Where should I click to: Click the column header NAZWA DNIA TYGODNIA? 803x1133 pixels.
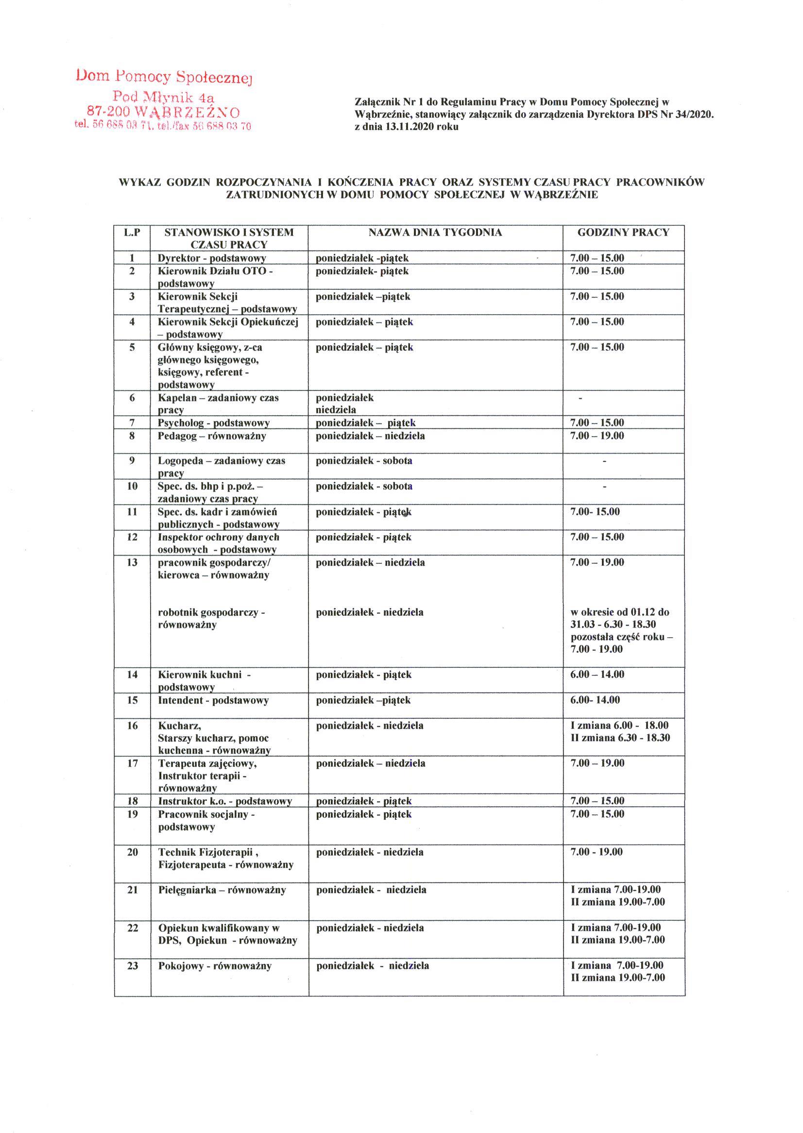pyautogui.click(x=435, y=232)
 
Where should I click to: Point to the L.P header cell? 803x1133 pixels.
pyautogui.click(x=132, y=232)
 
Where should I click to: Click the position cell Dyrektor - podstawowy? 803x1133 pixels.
pyautogui.click(x=212, y=258)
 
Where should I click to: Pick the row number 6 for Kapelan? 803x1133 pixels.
pyautogui.click(x=132, y=398)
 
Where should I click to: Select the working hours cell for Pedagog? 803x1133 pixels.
pyautogui.click(x=597, y=436)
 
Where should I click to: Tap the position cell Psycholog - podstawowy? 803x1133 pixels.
pyautogui.click(x=214, y=423)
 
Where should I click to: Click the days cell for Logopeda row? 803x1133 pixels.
pyautogui.click(x=364, y=461)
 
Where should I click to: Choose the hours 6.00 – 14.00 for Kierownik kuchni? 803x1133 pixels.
pyautogui.click(x=597, y=674)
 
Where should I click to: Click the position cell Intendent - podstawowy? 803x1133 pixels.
pyautogui.click(x=213, y=700)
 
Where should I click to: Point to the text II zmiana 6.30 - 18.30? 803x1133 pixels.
pyautogui.click(x=620, y=738)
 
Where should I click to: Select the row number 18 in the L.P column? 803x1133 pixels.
pyautogui.click(x=132, y=801)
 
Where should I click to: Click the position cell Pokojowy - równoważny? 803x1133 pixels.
pyautogui.click(x=215, y=966)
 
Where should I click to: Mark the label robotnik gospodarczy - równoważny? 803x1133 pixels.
pyautogui.click(x=212, y=618)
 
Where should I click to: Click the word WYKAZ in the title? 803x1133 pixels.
pyautogui.click(x=139, y=182)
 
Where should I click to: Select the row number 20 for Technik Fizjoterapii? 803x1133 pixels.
pyautogui.click(x=132, y=852)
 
